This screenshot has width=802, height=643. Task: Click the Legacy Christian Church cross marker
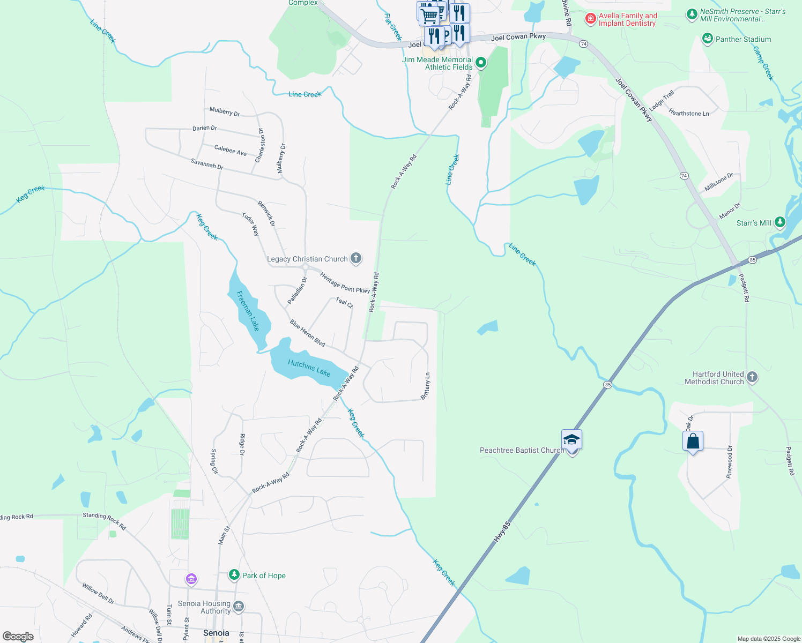tap(356, 259)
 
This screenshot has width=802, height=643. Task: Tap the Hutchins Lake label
tap(309, 368)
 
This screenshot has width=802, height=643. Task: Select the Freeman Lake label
tap(248, 311)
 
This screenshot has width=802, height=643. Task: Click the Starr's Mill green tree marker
tap(780, 222)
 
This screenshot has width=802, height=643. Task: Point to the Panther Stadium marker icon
tap(708, 39)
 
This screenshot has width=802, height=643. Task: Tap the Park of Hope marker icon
tap(234, 575)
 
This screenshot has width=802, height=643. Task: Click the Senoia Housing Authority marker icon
tap(239, 607)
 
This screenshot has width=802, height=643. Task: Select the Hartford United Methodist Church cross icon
tap(752, 377)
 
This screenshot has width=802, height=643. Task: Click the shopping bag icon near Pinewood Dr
tap(693, 442)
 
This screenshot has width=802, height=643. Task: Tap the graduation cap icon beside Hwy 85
tap(571, 440)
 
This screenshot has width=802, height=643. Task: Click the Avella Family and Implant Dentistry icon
tap(590, 19)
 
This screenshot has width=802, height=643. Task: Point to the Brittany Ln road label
tap(426, 386)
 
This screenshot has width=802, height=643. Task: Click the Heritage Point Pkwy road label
tap(345, 283)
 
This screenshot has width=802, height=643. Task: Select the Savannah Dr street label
tap(207, 164)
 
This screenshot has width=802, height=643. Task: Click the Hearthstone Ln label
tap(689, 113)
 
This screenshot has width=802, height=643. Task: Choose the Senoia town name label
tap(216, 633)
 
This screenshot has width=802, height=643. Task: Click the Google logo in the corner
tap(18, 637)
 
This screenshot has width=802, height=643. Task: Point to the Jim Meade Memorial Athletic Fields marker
tap(481, 63)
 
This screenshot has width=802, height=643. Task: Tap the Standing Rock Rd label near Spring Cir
tap(104, 520)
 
